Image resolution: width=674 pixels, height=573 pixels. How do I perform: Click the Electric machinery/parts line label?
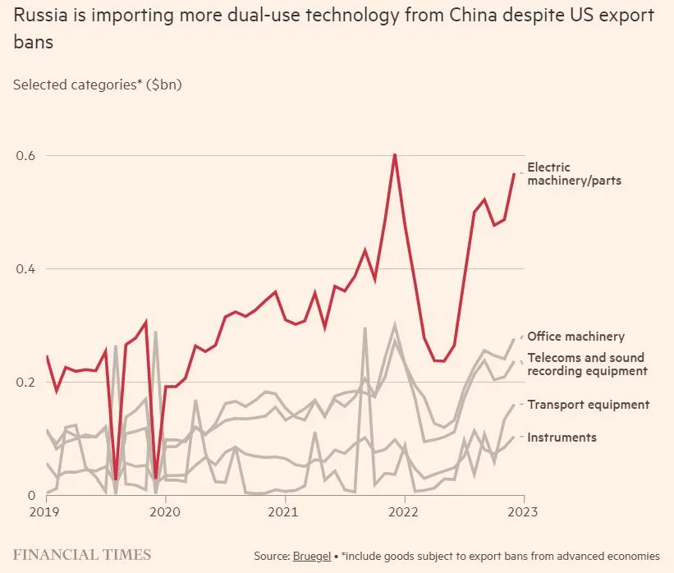click(574, 174)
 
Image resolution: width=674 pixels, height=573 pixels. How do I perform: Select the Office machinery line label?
click(575, 337)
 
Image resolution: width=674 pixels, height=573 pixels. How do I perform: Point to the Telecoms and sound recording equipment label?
click(586, 364)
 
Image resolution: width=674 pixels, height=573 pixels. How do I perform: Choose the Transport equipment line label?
click(588, 405)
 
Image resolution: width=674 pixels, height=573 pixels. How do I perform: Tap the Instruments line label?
click(562, 438)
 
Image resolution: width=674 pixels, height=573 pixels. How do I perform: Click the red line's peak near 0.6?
click(395, 154)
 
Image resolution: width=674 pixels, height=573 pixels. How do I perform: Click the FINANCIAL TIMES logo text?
click(82, 555)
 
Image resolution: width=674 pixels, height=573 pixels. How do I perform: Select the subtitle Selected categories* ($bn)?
click(97, 85)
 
